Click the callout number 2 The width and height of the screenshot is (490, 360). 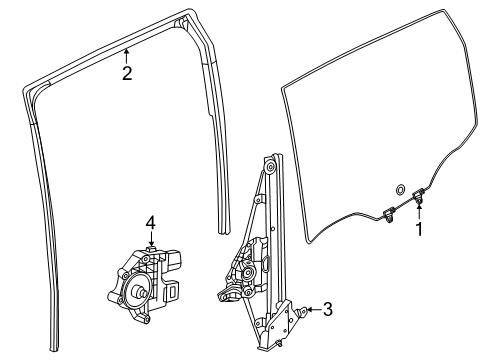[127, 72]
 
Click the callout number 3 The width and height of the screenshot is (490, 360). [327, 311]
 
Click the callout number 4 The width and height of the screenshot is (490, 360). [149, 222]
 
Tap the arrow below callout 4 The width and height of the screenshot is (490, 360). [149, 240]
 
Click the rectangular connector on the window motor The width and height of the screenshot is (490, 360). [168, 289]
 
